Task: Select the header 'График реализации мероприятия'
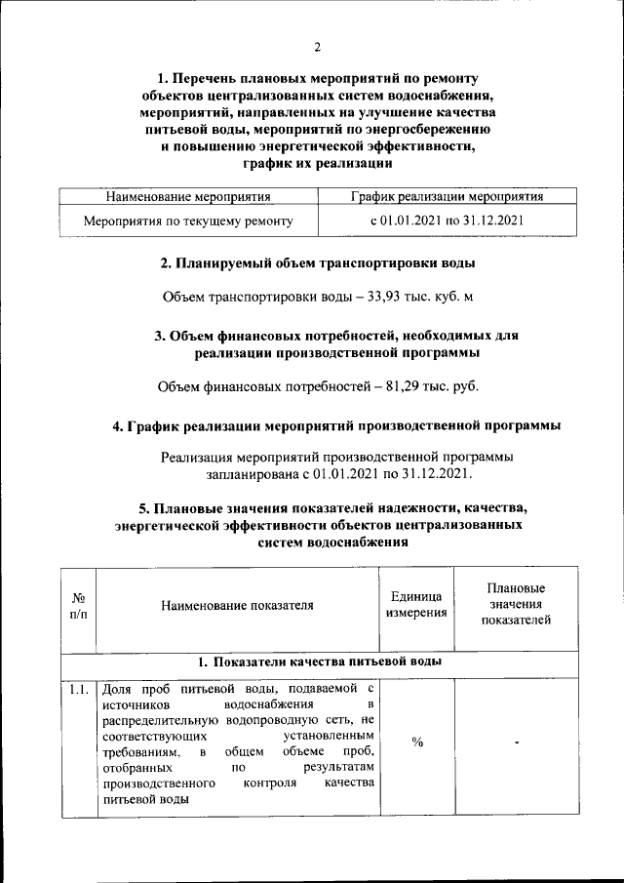[447, 197]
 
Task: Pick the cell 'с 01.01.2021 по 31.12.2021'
[447, 221]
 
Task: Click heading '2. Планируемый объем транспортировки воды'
[318, 263]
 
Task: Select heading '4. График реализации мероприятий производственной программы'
[336, 426]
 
